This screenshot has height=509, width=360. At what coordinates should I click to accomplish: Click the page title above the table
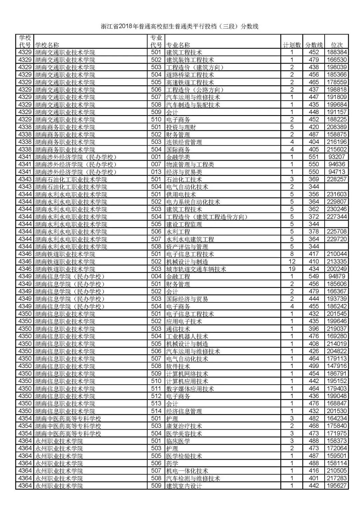(x=180, y=26)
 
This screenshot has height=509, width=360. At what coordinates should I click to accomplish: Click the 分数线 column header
(x=314, y=45)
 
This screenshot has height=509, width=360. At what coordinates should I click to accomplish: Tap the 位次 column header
(x=337, y=45)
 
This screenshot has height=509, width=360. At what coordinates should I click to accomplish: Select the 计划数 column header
(x=292, y=45)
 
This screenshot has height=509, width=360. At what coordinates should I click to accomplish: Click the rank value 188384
(x=337, y=52)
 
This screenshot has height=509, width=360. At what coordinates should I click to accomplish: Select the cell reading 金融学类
(x=178, y=157)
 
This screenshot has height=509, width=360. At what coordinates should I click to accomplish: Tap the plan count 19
(x=292, y=269)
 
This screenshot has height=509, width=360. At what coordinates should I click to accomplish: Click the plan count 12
(x=292, y=262)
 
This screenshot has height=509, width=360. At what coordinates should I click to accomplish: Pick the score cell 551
(x=314, y=157)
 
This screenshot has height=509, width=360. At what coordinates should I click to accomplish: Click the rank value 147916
(x=337, y=366)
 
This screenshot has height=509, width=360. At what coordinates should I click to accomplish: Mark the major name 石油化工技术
(x=184, y=179)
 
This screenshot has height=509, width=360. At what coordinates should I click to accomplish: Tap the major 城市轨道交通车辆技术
(x=196, y=269)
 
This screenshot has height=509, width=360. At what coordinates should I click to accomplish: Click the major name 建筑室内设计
(x=184, y=486)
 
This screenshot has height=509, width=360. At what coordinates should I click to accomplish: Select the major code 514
(x=156, y=411)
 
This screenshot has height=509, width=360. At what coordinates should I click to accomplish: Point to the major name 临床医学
(x=178, y=441)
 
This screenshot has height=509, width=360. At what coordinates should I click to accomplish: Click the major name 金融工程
(x=178, y=277)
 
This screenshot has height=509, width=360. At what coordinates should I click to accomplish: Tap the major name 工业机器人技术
(x=187, y=336)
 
